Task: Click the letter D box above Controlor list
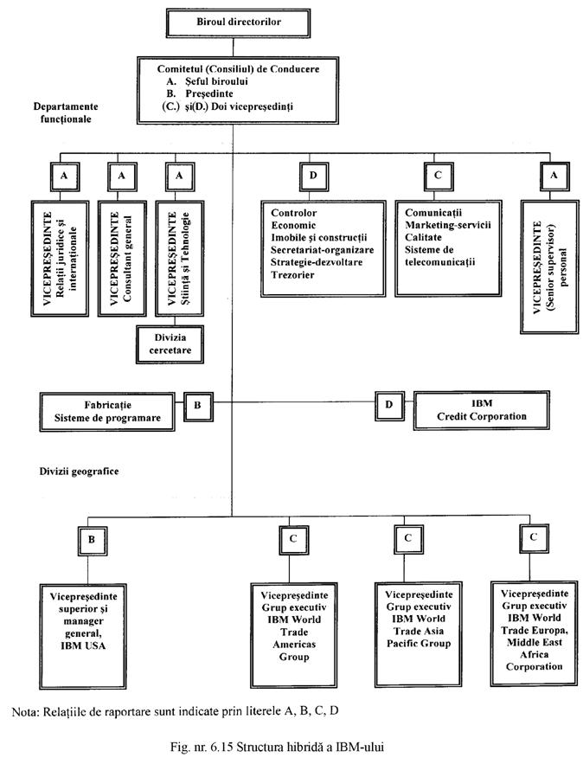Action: (313, 176)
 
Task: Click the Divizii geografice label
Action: (76, 472)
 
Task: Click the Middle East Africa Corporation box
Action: (535, 631)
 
